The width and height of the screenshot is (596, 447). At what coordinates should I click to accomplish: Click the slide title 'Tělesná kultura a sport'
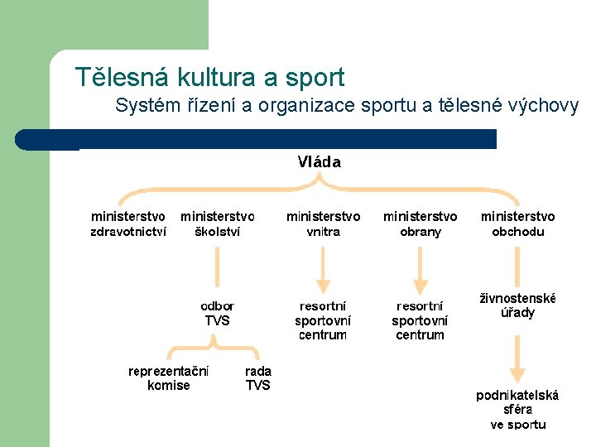[209, 77]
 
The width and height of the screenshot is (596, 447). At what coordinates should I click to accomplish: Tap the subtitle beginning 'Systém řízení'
[347, 106]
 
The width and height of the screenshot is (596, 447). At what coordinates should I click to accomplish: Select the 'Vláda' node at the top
[319, 162]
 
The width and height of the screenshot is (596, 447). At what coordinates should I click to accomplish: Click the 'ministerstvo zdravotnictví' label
[128, 223]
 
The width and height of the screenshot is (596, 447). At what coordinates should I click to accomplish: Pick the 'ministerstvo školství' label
[218, 223]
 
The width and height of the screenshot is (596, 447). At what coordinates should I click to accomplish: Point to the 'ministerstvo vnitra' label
[323, 223]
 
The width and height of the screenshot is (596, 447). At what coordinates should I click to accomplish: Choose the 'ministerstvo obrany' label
[420, 223]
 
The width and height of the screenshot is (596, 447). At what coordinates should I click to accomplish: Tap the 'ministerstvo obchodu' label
[517, 223]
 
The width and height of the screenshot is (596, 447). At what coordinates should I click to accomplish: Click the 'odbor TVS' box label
[217, 313]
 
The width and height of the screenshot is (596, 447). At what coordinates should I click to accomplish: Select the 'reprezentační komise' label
[168, 378]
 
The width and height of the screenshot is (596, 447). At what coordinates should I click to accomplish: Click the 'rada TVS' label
[257, 378]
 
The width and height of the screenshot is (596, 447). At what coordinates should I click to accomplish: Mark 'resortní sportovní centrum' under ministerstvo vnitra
[323, 320]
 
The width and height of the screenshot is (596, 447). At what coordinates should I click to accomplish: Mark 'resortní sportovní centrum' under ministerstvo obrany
[420, 320]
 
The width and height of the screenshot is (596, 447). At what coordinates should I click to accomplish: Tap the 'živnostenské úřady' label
[517, 305]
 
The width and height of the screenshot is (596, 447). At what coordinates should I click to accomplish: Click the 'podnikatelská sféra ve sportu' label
[517, 409]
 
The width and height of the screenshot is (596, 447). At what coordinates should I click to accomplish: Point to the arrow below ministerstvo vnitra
[323, 269]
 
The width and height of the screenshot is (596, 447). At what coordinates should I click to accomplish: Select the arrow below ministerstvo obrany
[420, 269]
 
